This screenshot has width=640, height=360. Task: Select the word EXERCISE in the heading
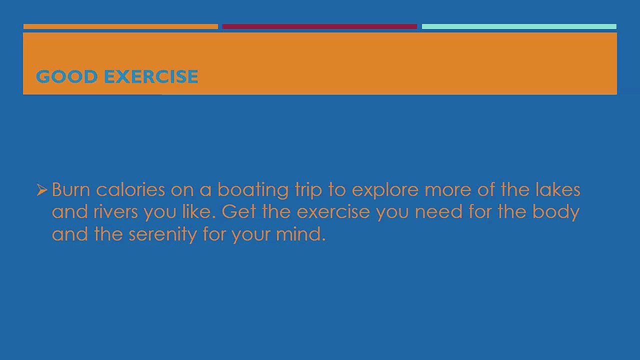coord(151,76)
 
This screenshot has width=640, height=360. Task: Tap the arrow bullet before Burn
coord(41,189)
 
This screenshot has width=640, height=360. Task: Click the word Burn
coord(70,189)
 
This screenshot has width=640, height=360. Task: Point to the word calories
coord(130,189)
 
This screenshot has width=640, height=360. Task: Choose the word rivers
coord(115,211)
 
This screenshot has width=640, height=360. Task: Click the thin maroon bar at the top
coord(319,26)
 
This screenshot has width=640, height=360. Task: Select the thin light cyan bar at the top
coord(519,26)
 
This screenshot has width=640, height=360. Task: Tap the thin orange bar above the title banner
coord(120,26)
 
